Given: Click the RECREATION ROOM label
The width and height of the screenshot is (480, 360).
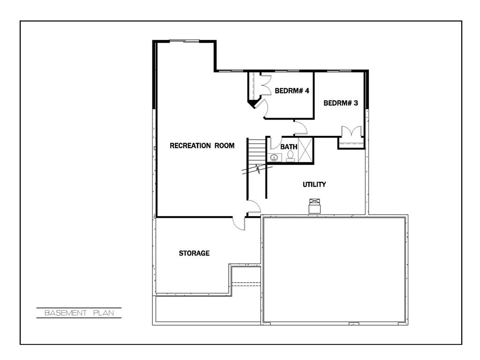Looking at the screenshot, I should [202, 146].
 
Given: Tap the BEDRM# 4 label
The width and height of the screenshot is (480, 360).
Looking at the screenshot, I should [292, 91].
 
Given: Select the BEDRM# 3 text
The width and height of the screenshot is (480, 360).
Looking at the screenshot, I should [341, 103].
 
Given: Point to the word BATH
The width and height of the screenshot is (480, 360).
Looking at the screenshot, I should [289, 147].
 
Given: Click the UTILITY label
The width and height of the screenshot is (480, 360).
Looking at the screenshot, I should [314, 185].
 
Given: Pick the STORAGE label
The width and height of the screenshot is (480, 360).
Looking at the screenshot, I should [194, 254].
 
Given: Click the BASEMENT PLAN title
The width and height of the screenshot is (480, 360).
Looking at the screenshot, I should [79, 313].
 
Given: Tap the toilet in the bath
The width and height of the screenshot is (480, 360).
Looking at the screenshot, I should [290, 156].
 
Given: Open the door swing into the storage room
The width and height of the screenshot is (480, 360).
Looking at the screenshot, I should [239, 223].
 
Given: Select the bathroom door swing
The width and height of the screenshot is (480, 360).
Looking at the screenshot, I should [275, 142].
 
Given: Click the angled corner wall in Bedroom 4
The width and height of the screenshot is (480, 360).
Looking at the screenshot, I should [254, 104].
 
